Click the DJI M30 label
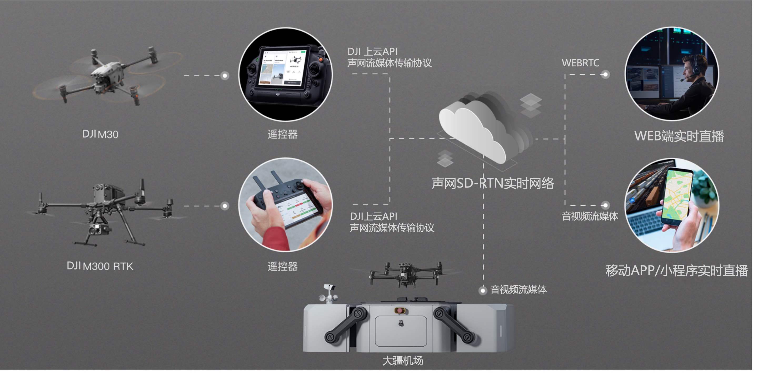(100, 134)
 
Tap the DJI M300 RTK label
(100, 266)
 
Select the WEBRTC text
(580, 63)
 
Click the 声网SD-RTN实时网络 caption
(493, 183)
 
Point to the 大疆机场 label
(402, 361)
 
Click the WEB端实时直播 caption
(679, 136)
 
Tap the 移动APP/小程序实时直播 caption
(676, 271)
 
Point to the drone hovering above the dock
(406, 273)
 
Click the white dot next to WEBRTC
(605, 74)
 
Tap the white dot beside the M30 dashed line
(225, 76)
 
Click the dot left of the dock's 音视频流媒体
(483, 291)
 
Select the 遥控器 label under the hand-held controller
(282, 266)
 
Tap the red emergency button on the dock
(400, 310)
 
